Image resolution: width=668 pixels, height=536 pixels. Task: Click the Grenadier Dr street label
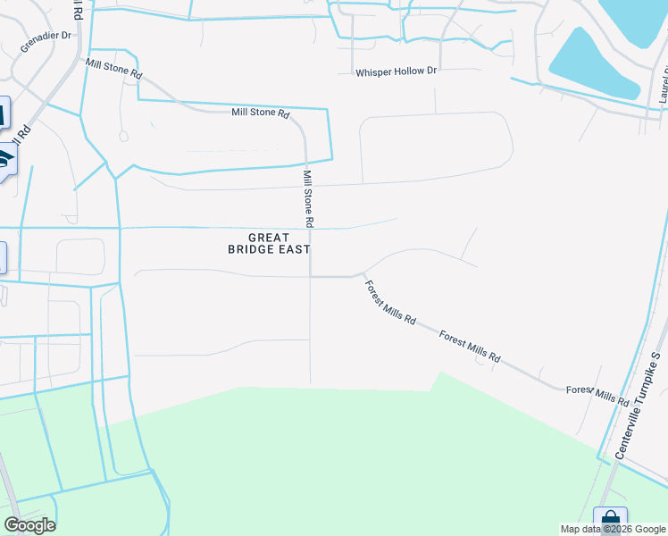coord(45,41)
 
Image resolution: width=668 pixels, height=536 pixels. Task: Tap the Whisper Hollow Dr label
coord(396,71)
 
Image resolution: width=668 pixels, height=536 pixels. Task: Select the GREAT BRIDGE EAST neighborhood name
coord(269,243)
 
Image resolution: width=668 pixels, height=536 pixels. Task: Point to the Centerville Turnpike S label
coord(636,406)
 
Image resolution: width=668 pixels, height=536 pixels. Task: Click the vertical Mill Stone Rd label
coord(308,198)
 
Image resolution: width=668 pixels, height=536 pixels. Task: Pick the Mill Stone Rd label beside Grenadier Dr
coord(113,67)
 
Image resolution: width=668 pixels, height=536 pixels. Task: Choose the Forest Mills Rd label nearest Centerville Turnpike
coord(598,394)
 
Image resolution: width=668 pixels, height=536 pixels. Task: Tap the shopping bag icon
coord(611,520)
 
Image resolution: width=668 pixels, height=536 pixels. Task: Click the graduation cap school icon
coord(5,160)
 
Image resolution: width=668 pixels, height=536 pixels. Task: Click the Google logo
coord(29,524)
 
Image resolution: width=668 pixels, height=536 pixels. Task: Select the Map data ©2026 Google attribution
coord(614,529)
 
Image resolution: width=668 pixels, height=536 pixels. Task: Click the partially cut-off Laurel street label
coord(663,86)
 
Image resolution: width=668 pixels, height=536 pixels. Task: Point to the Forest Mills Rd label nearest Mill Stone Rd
coord(390,303)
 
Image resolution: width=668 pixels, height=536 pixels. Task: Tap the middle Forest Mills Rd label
coord(470,346)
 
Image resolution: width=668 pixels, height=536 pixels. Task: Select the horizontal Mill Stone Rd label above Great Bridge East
coord(261,113)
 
